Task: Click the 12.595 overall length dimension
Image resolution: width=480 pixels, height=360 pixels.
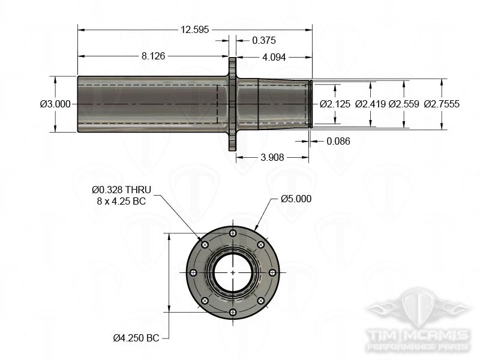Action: pyautogui.click(x=194, y=29)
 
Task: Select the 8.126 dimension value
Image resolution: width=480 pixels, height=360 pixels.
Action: pyautogui.click(x=153, y=56)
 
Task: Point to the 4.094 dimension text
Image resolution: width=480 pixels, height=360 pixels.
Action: pyautogui.click(x=274, y=58)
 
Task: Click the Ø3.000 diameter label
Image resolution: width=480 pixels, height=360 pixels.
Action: pyautogui.click(x=55, y=104)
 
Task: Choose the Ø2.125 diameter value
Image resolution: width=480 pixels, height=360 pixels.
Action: pyautogui.click(x=335, y=104)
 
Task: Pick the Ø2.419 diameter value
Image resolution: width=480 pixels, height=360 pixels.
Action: pyautogui.click(x=370, y=104)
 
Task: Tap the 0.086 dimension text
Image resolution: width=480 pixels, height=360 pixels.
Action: pyautogui.click(x=338, y=141)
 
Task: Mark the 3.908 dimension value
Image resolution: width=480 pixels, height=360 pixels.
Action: pyautogui.click(x=272, y=157)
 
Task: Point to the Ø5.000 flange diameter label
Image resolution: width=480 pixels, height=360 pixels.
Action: pyautogui.click(x=296, y=199)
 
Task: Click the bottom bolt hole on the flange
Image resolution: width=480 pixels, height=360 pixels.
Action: pyautogui.click(x=233, y=311)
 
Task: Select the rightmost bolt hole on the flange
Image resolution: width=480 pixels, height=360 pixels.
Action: pyautogui.click(x=272, y=272)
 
